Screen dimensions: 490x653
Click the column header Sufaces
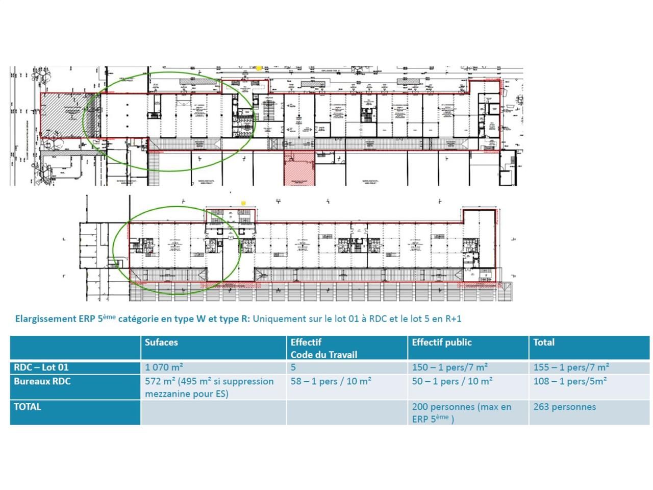tap(161, 342)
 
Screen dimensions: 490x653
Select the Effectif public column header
tap(442, 342)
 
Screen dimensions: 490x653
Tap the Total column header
tap(544, 342)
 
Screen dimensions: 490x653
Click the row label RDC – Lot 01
tap(41, 367)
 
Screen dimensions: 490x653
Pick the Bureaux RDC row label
tap(42, 381)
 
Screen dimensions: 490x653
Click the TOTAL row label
tap(27, 407)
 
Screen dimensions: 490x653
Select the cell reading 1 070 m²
tap(164, 367)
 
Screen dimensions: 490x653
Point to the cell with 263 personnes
tap(564, 407)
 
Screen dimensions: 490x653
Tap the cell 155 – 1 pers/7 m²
tap(571, 367)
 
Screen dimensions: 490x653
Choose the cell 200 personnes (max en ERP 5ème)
tap(461, 412)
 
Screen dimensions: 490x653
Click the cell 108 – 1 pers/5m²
tap(570, 381)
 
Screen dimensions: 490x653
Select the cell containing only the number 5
tap(293, 367)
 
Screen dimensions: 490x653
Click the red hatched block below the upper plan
tap(299, 168)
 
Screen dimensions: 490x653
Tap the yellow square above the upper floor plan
tap(259, 68)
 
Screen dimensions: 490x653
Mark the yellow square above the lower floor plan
tap(243, 203)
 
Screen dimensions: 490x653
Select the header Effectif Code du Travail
tap(323, 348)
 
